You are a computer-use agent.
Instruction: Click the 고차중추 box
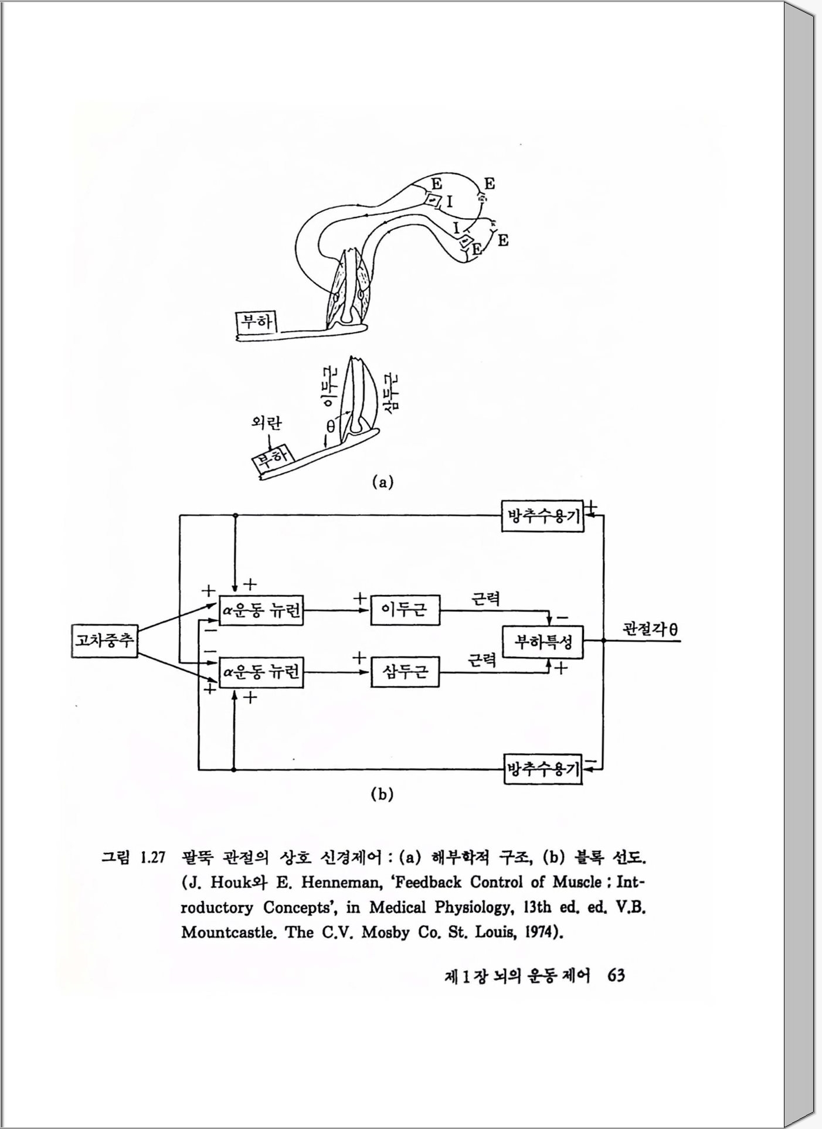click(x=104, y=641)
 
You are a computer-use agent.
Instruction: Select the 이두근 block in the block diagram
click(x=405, y=610)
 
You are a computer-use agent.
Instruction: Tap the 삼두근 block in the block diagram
click(x=405, y=671)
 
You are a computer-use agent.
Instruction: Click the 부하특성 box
click(x=543, y=641)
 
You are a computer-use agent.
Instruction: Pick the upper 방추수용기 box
click(x=543, y=516)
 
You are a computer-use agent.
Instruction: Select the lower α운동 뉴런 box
click(x=261, y=672)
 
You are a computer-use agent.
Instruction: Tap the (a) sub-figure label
click(x=382, y=482)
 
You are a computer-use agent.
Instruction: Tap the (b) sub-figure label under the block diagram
click(x=382, y=794)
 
